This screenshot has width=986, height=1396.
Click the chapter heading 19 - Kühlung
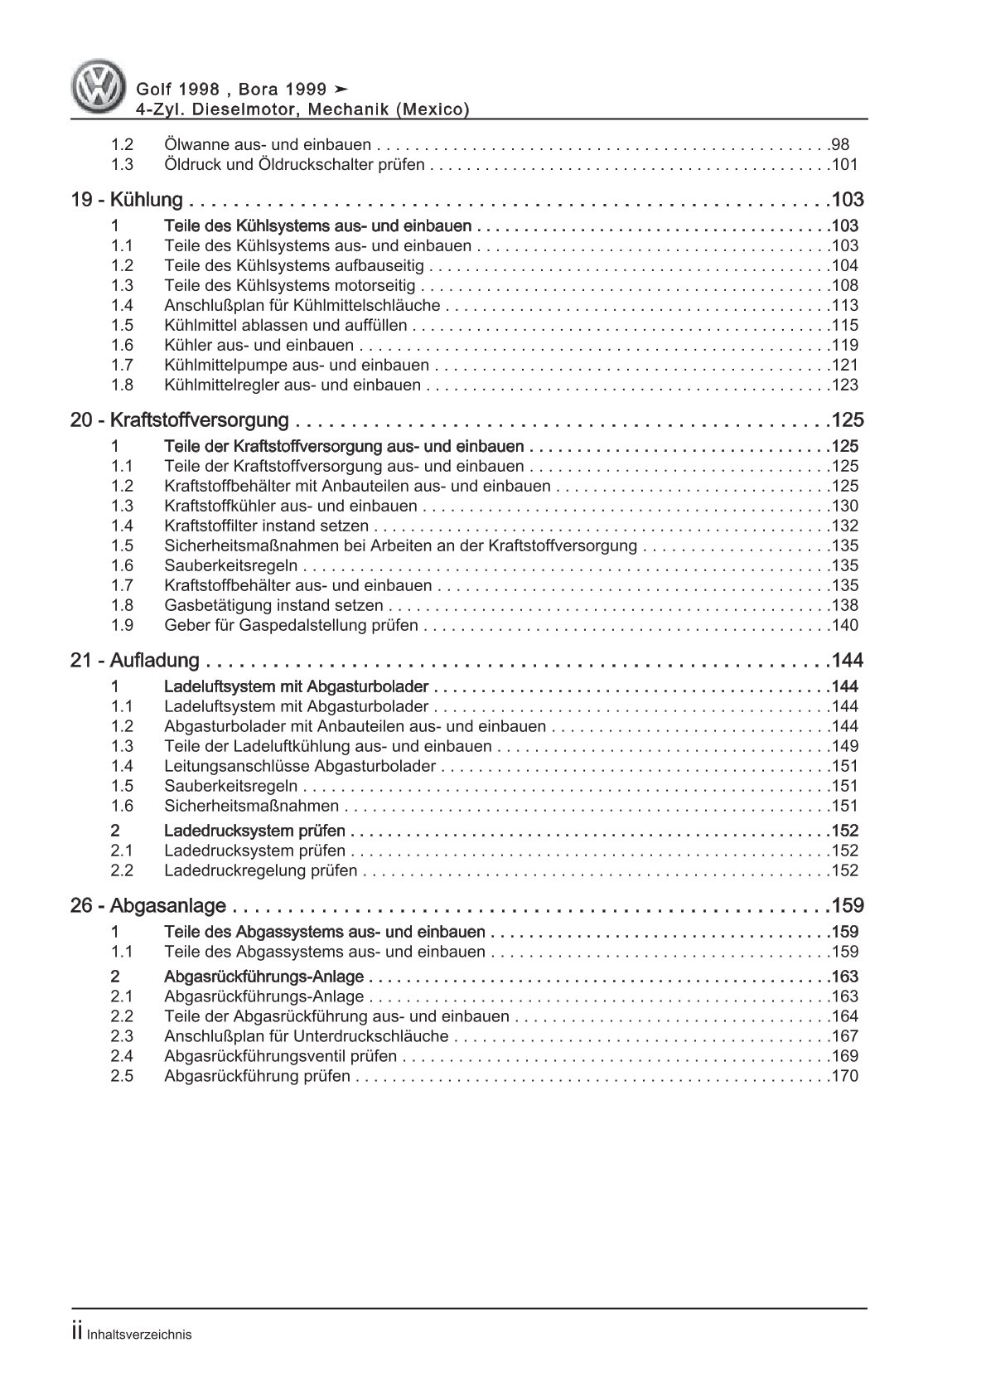(x=127, y=200)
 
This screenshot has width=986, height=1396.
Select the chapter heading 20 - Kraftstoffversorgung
(x=180, y=420)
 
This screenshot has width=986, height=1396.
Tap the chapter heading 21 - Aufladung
(x=135, y=661)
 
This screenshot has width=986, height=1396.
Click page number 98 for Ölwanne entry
(x=840, y=144)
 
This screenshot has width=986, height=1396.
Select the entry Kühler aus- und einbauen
(x=259, y=346)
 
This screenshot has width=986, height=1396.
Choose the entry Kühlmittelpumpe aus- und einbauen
(x=297, y=366)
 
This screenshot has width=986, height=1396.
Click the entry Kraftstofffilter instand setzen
(x=267, y=526)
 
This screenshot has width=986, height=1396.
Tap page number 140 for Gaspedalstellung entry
(x=845, y=626)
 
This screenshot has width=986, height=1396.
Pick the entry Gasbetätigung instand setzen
(x=273, y=606)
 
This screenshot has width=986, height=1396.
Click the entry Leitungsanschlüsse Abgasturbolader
(x=300, y=767)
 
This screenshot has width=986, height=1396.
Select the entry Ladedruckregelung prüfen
(x=261, y=871)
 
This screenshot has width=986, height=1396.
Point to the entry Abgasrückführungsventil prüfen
(x=280, y=1057)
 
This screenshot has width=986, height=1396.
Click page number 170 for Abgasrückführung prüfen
(x=845, y=1077)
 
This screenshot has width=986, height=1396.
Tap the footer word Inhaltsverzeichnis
(x=138, y=1335)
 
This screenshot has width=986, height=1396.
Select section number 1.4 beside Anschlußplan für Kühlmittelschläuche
(x=122, y=306)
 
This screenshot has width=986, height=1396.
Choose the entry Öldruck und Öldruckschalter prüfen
(x=294, y=165)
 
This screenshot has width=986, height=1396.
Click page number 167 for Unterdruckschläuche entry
(x=845, y=1037)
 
